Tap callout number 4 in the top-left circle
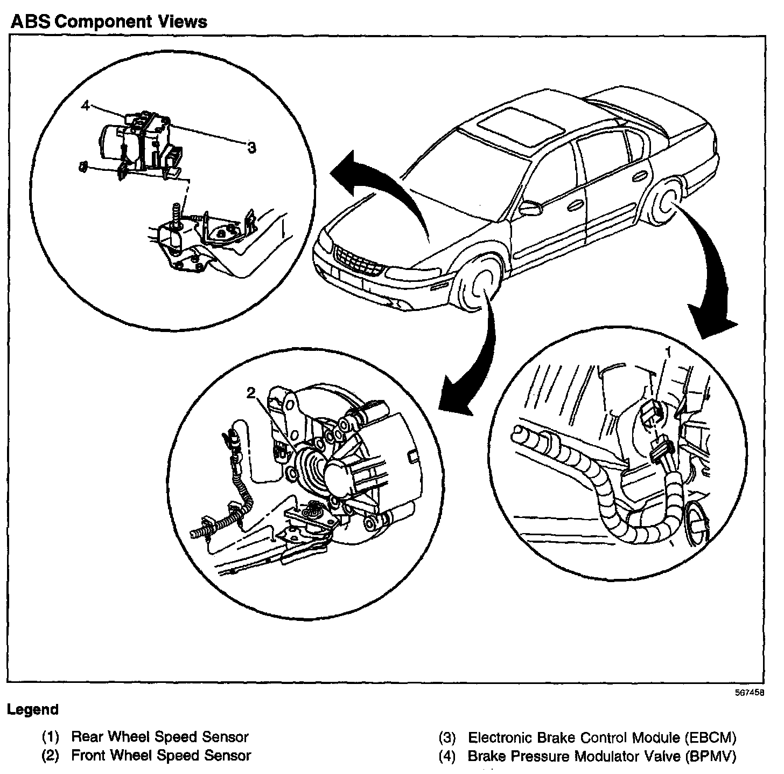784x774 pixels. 85,106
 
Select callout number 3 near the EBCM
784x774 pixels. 251,147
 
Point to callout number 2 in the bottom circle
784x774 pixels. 251,393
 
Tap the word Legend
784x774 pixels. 33,709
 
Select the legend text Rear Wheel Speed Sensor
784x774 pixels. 160,737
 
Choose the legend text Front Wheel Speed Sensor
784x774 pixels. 161,756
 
